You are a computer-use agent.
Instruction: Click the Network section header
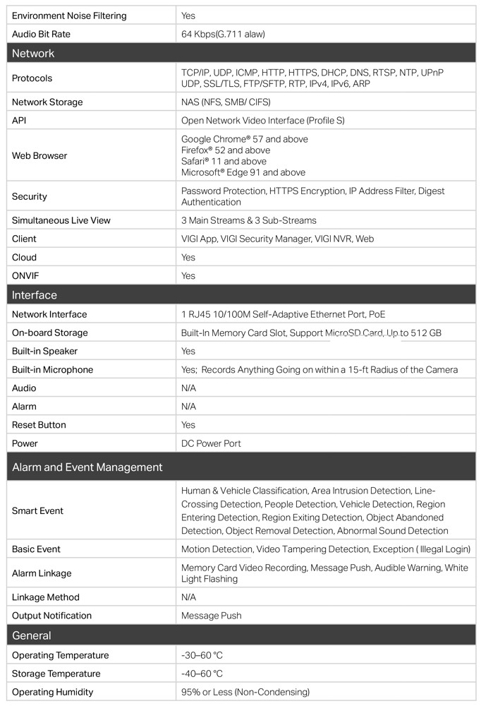(x=33, y=53)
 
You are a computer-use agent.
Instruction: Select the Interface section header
(x=35, y=294)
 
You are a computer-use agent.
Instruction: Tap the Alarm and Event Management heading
(x=87, y=467)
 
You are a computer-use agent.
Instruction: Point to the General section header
(x=32, y=635)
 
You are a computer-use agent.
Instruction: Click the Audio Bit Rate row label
(x=41, y=34)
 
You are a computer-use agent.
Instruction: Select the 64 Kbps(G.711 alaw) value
(x=223, y=34)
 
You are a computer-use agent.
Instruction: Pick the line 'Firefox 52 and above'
(x=226, y=150)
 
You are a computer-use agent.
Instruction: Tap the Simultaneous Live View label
(x=61, y=220)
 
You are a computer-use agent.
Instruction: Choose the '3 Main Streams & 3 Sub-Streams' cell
(x=249, y=220)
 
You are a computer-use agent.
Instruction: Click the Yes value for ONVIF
(x=188, y=275)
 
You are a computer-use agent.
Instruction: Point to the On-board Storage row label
(x=49, y=333)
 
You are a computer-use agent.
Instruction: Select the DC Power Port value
(x=211, y=443)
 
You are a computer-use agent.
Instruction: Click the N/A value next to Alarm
(x=189, y=407)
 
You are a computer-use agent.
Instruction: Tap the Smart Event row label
(x=37, y=510)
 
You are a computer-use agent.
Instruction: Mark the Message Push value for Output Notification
(x=212, y=616)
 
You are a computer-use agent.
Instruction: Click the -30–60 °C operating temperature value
(x=202, y=655)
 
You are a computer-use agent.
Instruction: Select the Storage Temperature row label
(x=56, y=674)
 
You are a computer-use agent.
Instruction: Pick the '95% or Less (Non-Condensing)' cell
(x=245, y=692)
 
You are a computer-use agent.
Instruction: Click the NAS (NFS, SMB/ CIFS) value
(x=226, y=102)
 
